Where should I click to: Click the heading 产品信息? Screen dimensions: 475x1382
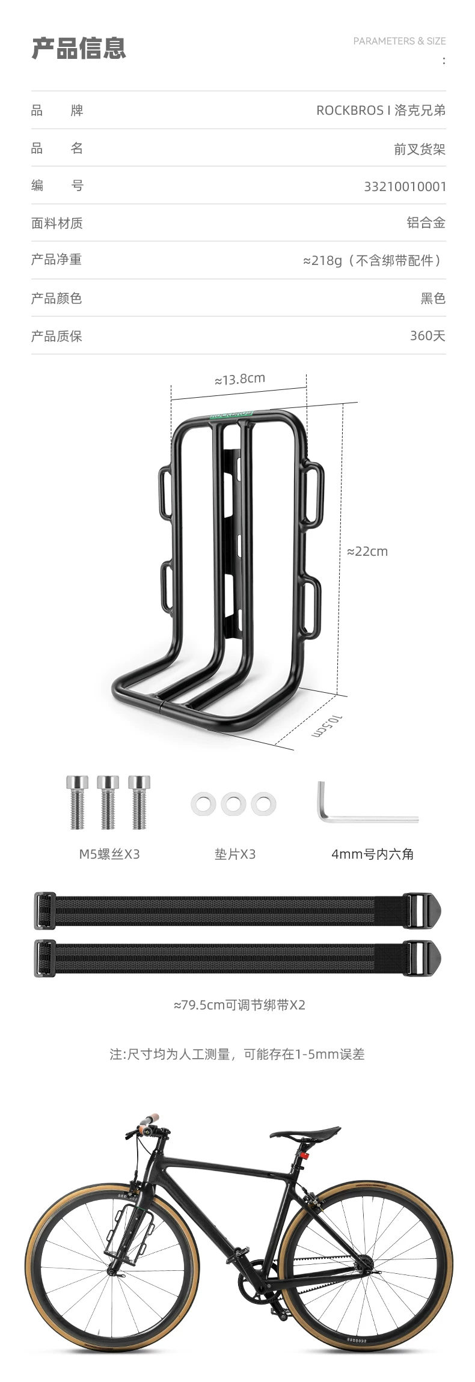point(79,48)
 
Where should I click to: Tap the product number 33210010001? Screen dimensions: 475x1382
point(405,186)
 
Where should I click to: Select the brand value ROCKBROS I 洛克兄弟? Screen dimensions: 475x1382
point(381,111)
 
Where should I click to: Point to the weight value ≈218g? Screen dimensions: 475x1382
point(322,261)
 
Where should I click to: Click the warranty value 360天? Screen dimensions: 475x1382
point(427,336)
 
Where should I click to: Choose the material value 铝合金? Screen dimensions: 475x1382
point(426,223)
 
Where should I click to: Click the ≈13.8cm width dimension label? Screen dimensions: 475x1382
point(240,379)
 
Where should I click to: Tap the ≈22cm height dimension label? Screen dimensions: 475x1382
point(367,552)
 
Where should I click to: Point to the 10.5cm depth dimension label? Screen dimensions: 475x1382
point(328,727)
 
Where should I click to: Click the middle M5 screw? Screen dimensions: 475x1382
point(108,802)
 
